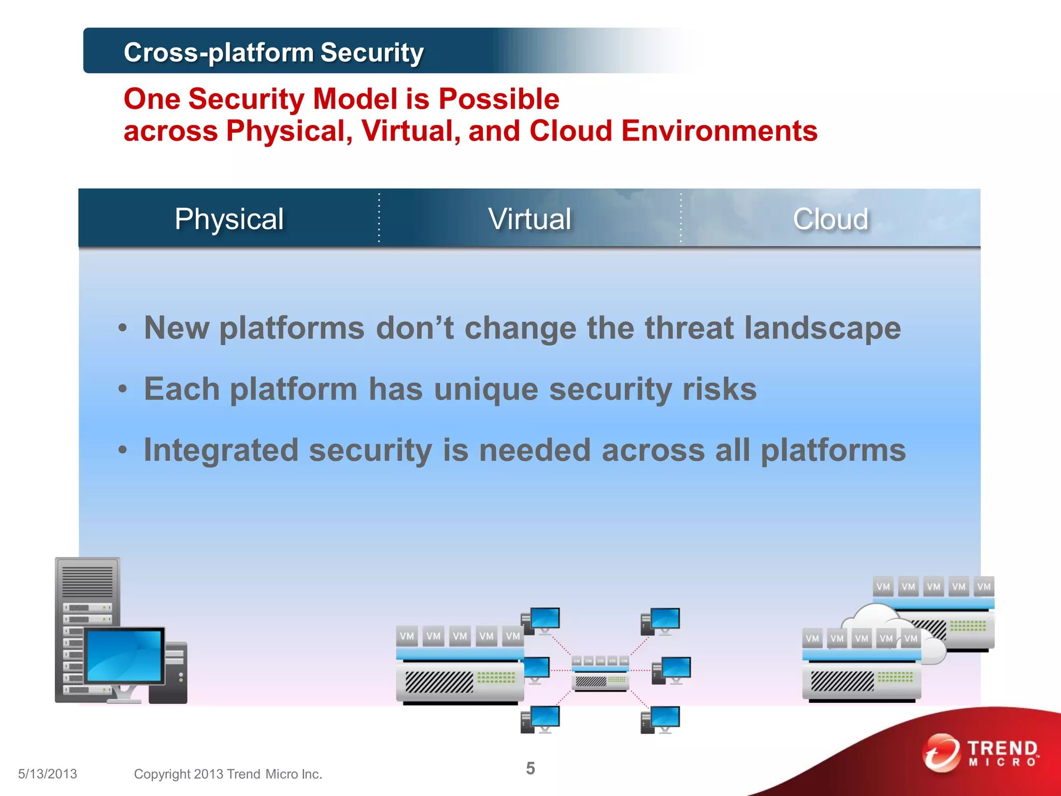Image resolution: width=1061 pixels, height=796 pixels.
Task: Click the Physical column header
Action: coord(229,219)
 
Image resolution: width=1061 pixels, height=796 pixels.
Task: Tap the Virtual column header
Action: coord(529,219)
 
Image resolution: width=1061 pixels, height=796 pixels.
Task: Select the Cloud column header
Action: coord(830,219)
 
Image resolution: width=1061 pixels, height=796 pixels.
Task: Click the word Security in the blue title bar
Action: coord(372,52)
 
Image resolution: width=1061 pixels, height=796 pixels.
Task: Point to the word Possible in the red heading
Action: coord(498,98)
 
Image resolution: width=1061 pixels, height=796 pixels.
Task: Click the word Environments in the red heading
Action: coord(719,131)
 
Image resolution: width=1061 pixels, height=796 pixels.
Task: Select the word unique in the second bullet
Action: coord(486,389)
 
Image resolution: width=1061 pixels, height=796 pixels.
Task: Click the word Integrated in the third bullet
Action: coord(221,450)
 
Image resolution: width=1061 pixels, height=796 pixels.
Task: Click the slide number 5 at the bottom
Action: coord(530,768)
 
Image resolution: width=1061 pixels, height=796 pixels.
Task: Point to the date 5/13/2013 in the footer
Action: coord(48,774)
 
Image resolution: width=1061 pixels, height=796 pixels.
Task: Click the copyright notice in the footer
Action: coord(228,774)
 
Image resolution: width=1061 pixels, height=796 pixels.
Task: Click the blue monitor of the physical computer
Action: coord(124,656)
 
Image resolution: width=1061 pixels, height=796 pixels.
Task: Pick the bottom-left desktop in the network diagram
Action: coord(541,719)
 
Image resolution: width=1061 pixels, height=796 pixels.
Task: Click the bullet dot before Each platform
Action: coord(122,389)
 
